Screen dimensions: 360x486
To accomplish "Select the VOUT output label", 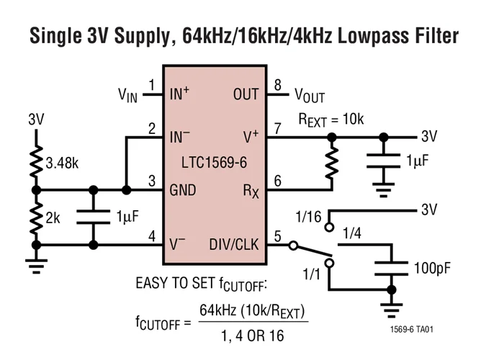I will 309,96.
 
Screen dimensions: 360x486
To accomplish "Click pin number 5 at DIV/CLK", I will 277,235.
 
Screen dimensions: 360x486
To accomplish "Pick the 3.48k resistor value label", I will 63,163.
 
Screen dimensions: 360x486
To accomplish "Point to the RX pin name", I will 249,191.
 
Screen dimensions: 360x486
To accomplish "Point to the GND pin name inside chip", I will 184,191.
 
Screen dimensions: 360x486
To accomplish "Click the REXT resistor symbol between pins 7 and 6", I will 332,164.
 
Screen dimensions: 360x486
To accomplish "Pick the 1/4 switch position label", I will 353,232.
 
